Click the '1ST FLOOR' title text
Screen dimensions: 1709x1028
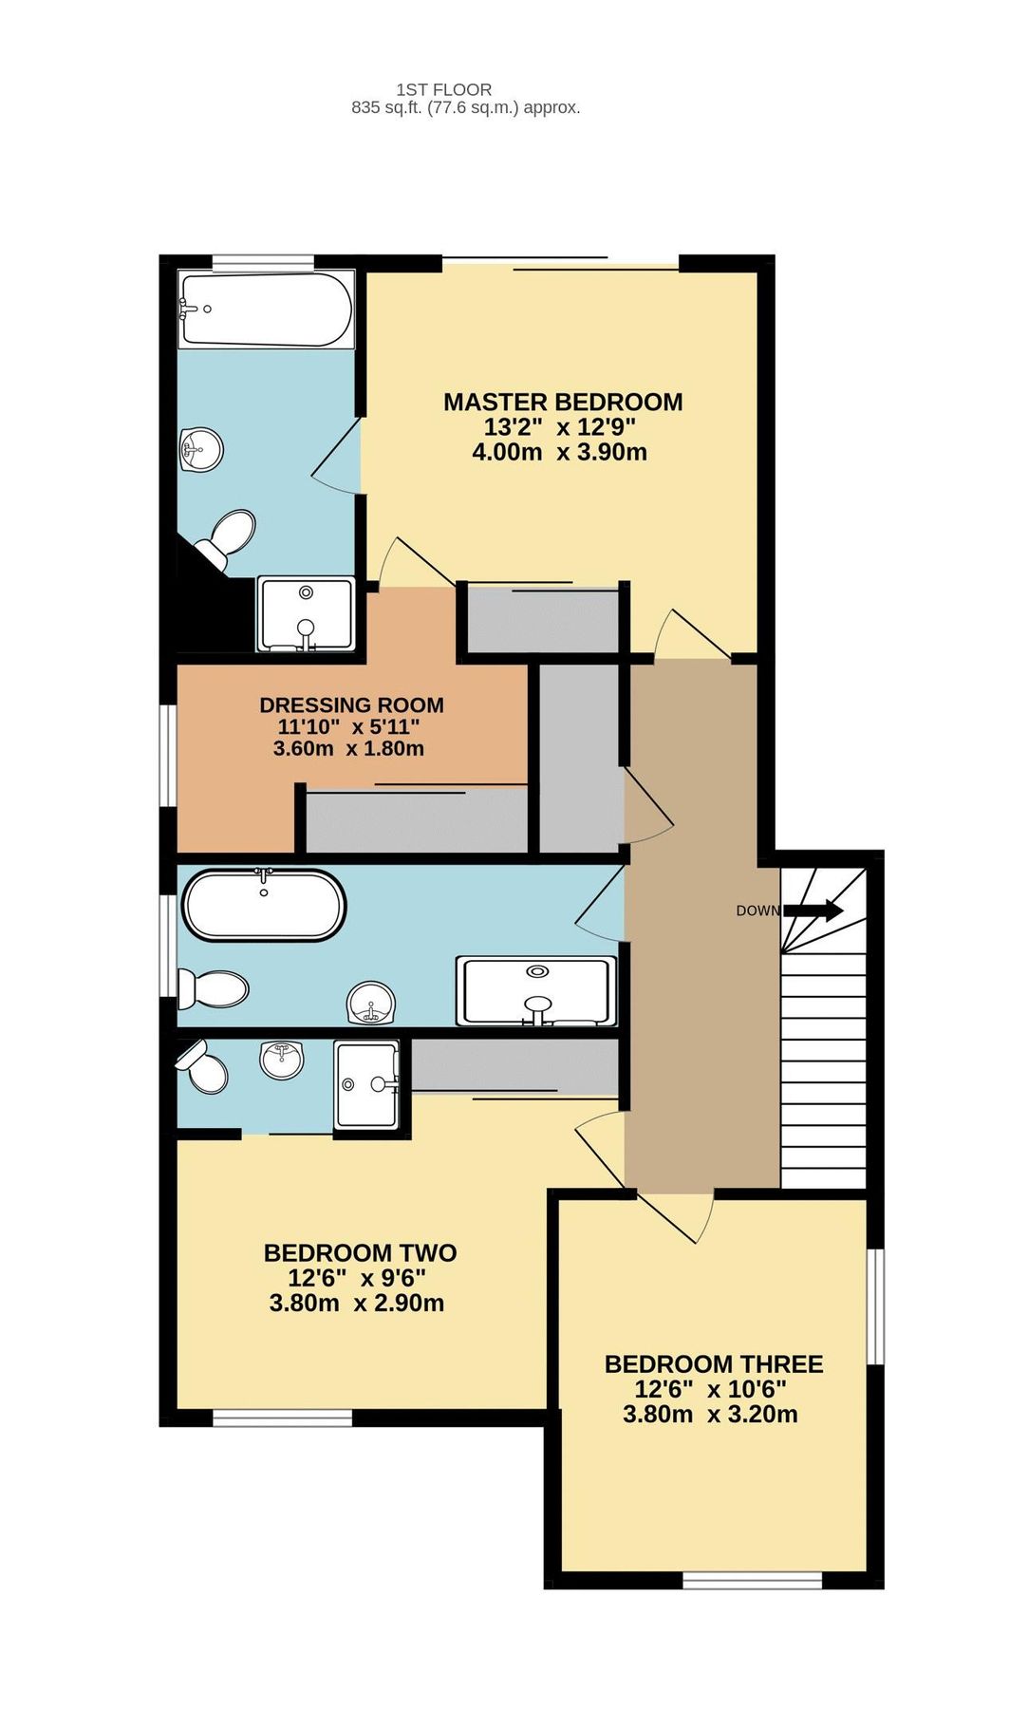point(443,89)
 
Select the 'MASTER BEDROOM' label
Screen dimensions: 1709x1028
point(562,402)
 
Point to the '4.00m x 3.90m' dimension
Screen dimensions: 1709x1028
point(559,452)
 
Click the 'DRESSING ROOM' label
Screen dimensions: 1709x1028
point(351,704)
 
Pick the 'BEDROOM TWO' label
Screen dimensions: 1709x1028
point(360,1252)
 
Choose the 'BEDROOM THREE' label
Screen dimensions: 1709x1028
point(713,1363)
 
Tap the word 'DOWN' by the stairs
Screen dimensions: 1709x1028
point(757,911)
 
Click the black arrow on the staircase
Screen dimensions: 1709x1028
point(814,911)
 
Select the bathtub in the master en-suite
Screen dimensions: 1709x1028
point(266,310)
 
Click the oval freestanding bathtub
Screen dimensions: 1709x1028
point(263,904)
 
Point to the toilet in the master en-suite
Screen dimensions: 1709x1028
point(228,538)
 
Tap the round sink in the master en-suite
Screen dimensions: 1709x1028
point(201,448)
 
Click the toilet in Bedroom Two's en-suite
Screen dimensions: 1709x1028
point(202,1069)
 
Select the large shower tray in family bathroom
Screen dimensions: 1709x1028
point(536,991)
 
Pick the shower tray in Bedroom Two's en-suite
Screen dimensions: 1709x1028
point(366,1083)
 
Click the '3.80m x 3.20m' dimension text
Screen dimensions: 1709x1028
point(709,1415)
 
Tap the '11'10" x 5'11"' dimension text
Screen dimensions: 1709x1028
point(348,727)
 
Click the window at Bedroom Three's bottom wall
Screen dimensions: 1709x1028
point(752,1579)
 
